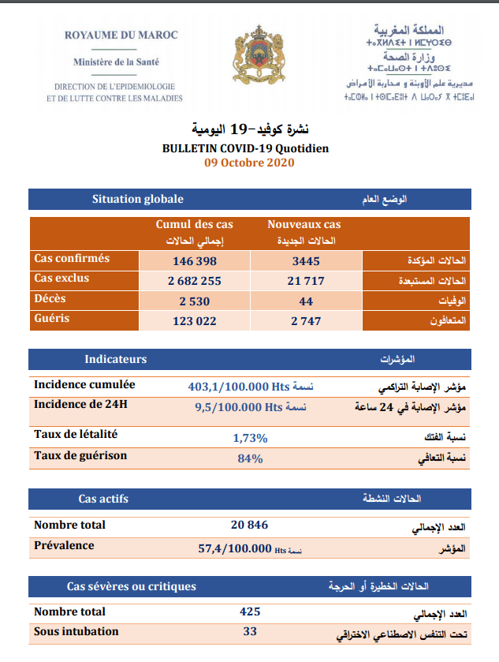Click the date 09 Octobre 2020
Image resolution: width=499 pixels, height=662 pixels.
249,163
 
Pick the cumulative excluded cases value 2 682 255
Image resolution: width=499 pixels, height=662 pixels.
194,281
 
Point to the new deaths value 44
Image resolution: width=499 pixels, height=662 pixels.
306,301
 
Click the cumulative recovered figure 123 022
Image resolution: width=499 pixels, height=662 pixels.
194,321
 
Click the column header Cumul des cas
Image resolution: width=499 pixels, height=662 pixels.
194,225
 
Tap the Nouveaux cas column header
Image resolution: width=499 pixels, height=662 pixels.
304,225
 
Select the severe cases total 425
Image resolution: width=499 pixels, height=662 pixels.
250,612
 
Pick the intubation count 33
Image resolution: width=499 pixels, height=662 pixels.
250,631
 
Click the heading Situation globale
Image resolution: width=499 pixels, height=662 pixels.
137,200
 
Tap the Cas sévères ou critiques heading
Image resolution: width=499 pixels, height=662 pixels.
131,586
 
